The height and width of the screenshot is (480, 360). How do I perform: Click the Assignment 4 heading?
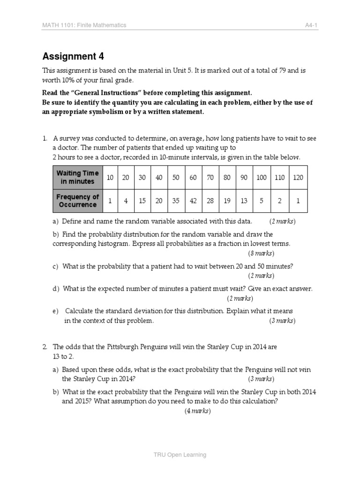(x=73, y=57)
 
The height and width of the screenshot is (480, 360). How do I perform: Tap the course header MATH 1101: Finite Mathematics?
(x=84, y=25)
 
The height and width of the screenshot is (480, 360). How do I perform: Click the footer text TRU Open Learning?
(x=180, y=454)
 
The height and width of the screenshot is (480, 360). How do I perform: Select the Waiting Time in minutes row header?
(x=77, y=177)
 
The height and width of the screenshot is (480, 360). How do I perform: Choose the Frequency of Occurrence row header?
(x=77, y=201)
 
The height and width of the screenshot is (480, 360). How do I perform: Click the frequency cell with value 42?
(x=193, y=201)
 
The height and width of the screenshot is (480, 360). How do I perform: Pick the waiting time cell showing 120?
(x=298, y=177)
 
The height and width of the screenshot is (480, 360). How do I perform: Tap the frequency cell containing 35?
(x=176, y=201)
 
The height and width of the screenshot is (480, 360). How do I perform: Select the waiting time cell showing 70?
(x=210, y=177)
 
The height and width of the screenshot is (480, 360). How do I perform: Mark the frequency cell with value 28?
(x=210, y=201)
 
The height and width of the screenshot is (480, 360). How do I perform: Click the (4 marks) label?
(x=197, y=411)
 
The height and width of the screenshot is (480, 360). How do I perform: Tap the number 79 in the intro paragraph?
(x=282, y=70)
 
